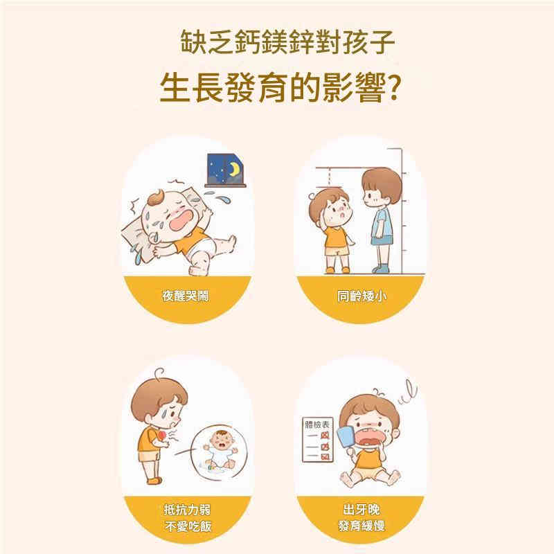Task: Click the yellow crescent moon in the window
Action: tap(233, 169)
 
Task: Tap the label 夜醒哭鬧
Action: tap(186, 296)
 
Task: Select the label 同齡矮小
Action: tap(361, 296)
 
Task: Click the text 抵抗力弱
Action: tap(187, 510)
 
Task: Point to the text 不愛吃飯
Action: tap(188, 526)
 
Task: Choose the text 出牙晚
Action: tap(361, 510)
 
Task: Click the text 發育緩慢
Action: tap(361, 526)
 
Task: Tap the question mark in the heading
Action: tap(393, 89)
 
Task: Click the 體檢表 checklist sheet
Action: tap(318, 440)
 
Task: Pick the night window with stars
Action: tap(226, 170)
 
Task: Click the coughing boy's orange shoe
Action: tap(154, 481)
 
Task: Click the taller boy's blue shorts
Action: tap(382, 240)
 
